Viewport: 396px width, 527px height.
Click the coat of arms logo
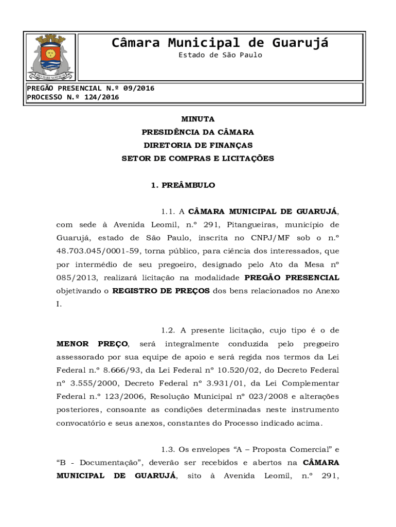(50, 57)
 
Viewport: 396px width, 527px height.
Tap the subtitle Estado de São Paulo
(220, 55)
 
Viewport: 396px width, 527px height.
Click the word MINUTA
(198, 119)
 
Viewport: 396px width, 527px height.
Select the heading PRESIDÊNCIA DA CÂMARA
(198, 132)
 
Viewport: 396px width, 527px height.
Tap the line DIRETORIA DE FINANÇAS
(198, 146)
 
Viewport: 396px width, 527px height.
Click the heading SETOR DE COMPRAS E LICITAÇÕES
(198, 159)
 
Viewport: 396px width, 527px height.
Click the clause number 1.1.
(168, 212)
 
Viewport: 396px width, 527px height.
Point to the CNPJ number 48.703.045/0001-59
(97, 252)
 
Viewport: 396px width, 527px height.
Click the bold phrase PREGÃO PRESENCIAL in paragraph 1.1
(292, 278)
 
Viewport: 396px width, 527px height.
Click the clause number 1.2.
(168, 330)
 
